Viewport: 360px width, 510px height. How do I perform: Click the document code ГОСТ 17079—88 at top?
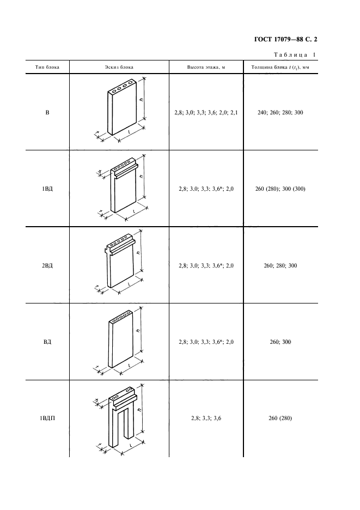[x=278, y=40]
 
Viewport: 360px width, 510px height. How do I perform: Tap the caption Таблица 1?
[x=295, y=54]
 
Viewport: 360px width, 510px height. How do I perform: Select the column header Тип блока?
[x=47, y=68]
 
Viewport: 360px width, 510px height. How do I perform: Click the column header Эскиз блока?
[x=119, y=68]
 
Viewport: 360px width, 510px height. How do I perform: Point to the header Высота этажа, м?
[x=206, y=68]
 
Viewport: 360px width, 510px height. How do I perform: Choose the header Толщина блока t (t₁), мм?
[x=280, y=68]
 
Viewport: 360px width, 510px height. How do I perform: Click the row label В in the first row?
[x=47, y=113]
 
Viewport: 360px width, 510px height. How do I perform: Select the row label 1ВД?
[x=47, y=189]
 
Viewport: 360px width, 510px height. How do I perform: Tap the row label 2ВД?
[x=47, y=265]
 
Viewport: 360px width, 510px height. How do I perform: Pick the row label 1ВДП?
[x=47, y=418]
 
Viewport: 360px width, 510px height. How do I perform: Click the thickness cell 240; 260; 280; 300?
[x=280, y=113]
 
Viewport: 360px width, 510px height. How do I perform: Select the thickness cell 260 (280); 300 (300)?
[x=280, y=189]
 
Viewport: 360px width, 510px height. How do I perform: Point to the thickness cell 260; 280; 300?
[x=280, y=265]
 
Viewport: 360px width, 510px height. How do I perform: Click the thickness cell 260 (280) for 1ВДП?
[x=280, y=418]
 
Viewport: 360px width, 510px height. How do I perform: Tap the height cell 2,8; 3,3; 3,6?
[x=206, y=418]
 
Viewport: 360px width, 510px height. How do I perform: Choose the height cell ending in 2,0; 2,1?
[x=206, y=113]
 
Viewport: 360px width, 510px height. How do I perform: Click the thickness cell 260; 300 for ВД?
[x=280, y=342]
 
